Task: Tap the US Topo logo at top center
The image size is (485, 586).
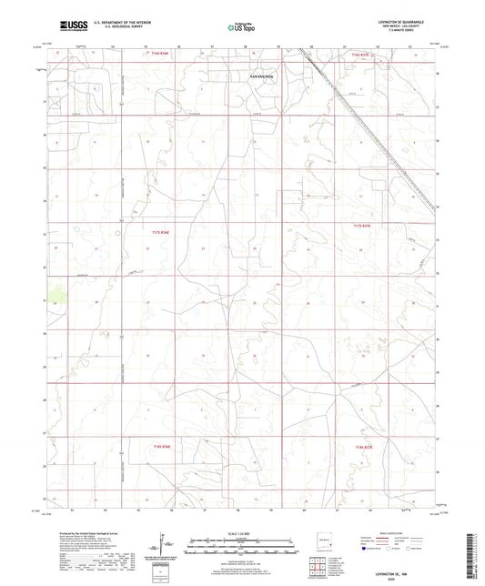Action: pyautogui.click(x=242, y=27)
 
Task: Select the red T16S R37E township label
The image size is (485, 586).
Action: pyautogui.click(x=362, y=55)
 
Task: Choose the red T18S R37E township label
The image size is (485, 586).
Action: pyautogui.click(x=362, y=447)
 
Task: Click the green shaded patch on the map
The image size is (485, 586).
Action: pyautogui.click(x=59, y=293)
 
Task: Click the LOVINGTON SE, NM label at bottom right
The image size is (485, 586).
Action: pyautogui.click(x=395, y=575)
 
